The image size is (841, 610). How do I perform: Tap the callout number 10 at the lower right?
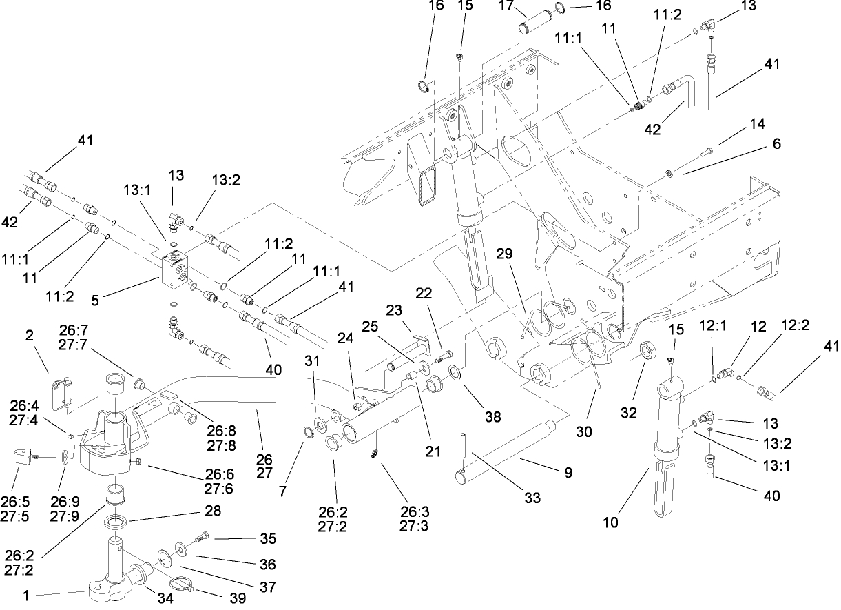[x=610, y=522]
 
